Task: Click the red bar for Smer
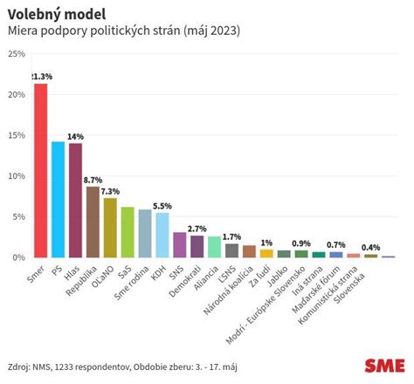click(x=41, y=170)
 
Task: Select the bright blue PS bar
click(x=59, y=200)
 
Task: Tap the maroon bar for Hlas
click(x=75, y=201)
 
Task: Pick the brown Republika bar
click(x=93, y=222)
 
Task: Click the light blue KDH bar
click(x=162, y=235)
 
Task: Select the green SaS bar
click(x=128, y=232)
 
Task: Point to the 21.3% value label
click(x=42, y=77)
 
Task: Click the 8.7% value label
click(x=93, y=180)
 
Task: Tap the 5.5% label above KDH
click(x=162, y=206)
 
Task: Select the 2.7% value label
click(x=197, y=229)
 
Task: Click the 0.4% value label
click(x=370, y=248)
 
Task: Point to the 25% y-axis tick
click(x=17, y=54)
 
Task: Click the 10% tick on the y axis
click(x=17, y=176)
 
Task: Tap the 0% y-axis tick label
click(x=18, y=257)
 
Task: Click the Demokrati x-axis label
click(x=185, y=281)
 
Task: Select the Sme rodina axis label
click(x=131, y=283)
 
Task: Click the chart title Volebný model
click(x=57, y=15)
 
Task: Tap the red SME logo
click(x=384, y=366)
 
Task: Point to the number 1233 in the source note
click(x=64, y=367)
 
